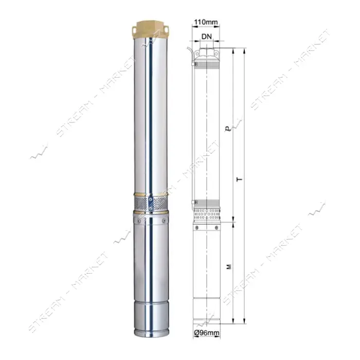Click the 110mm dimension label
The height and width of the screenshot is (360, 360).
(x=206, y=22)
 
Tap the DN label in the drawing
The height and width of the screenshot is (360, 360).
(x=207, y=37)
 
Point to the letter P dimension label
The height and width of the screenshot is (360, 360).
(x=228, y=129)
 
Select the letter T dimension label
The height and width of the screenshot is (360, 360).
(x=240, y=178)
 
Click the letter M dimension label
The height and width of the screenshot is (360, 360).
(x=229, y=267)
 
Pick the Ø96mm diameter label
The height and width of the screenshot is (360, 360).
(x=207, y=332)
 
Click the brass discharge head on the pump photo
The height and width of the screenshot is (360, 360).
(x=151, y=29)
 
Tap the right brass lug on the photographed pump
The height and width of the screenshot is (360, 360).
(x=166, y=29)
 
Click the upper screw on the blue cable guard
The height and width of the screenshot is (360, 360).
(x=151, y=200)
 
